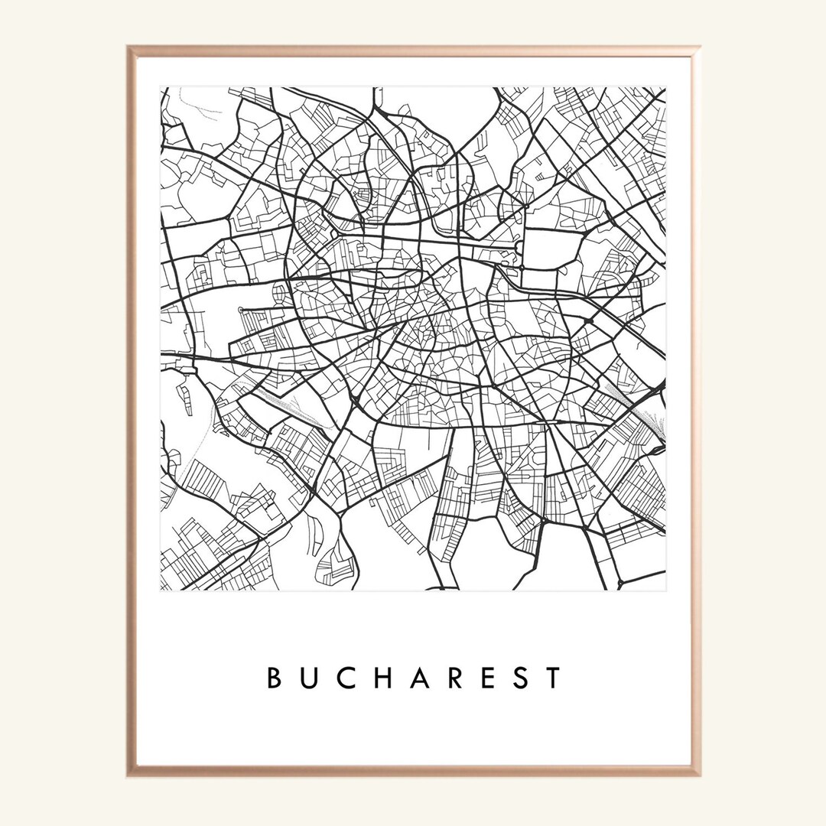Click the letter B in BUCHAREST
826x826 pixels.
click(273, 678)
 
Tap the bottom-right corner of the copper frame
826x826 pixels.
click(698, 775)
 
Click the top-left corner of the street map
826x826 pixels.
click(161, 87)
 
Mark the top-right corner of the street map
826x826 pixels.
click(665, 87)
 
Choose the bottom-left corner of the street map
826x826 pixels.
click(161, 590)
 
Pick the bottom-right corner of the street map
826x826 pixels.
click(665, 590)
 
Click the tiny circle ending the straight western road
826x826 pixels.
click(241, 310)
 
